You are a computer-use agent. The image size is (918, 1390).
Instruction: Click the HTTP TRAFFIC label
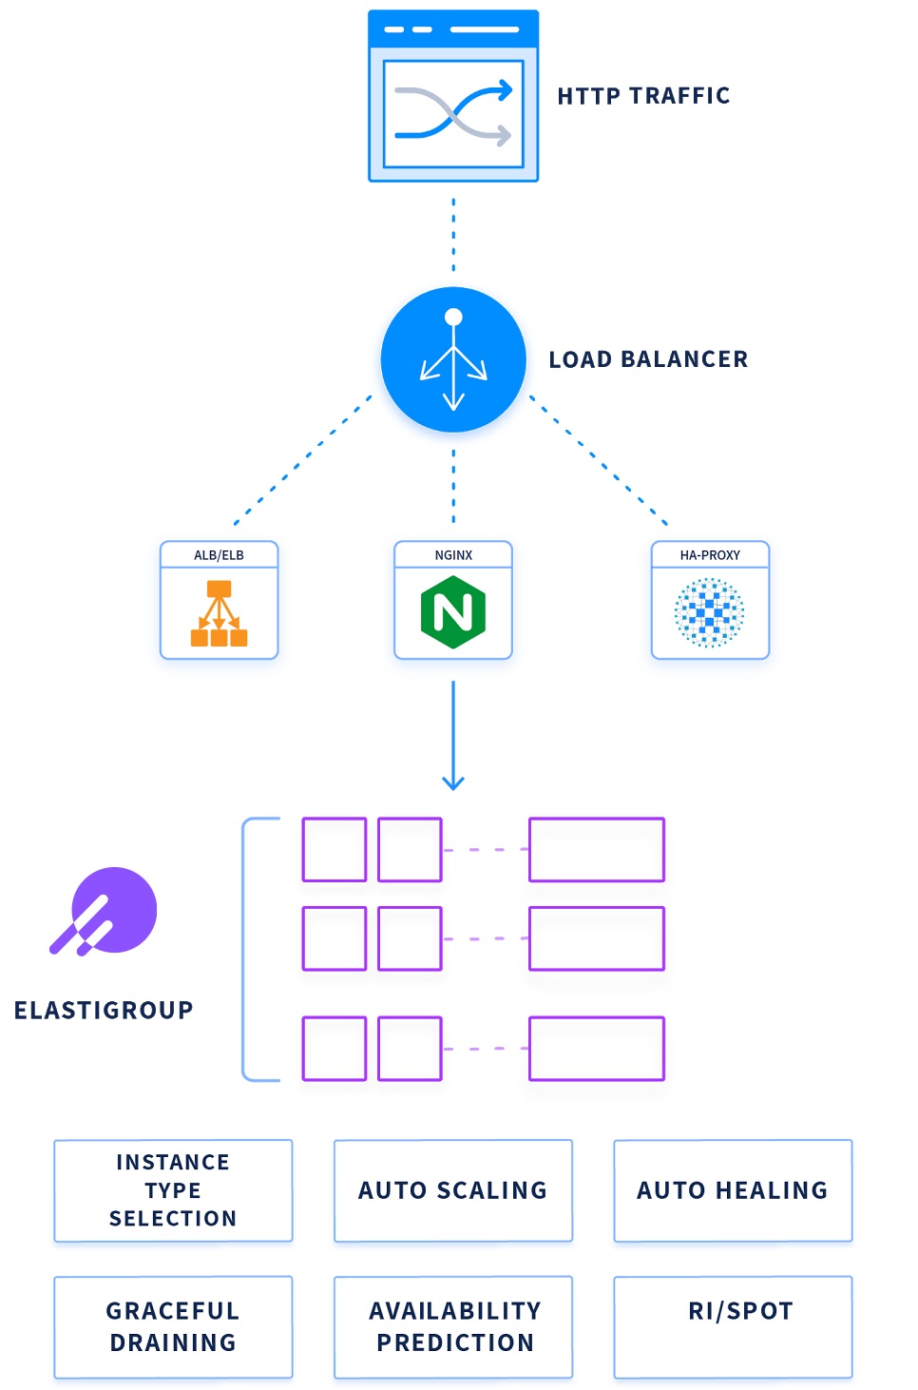pos(643,96)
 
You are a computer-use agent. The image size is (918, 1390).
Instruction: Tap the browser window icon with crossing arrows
pos(453,96)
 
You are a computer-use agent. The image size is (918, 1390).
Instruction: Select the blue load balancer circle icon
pos(453,359)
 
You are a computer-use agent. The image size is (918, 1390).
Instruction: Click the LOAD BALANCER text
pos(648,359)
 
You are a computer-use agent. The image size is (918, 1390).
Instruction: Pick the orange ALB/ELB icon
pos(220,613)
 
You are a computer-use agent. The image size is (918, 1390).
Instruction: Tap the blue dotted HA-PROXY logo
pos(709,613)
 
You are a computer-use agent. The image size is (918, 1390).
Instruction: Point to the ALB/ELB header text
pos(220,555)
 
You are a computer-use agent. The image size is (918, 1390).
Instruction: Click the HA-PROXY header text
pos(710,555)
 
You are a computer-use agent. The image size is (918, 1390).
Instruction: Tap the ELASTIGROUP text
pos(104,1010)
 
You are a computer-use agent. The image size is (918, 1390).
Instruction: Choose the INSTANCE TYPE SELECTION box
pos(173,1190)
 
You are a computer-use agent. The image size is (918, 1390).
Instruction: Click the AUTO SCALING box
pos(453,1190)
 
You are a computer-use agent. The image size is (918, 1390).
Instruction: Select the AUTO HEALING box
pos(733,1190)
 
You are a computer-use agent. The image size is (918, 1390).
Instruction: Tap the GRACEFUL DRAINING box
pos(173,1326)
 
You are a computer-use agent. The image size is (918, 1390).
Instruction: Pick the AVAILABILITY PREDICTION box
pos(453,1326)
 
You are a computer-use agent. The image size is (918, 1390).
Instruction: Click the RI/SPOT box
pos(733,1326)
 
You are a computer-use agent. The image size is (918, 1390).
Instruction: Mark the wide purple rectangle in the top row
pos(596,849)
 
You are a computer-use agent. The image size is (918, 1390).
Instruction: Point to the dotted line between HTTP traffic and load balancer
pos(453,235)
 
